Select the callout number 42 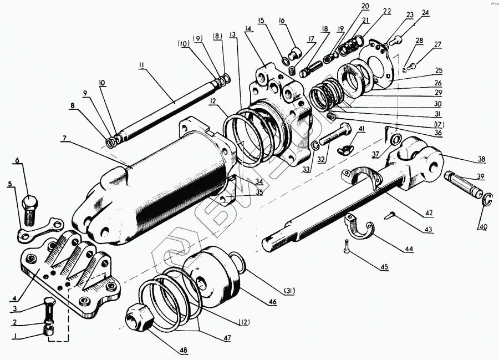(x=429, y=212)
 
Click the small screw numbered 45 (x=347, y=244)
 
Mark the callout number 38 (x=481, y=160)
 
